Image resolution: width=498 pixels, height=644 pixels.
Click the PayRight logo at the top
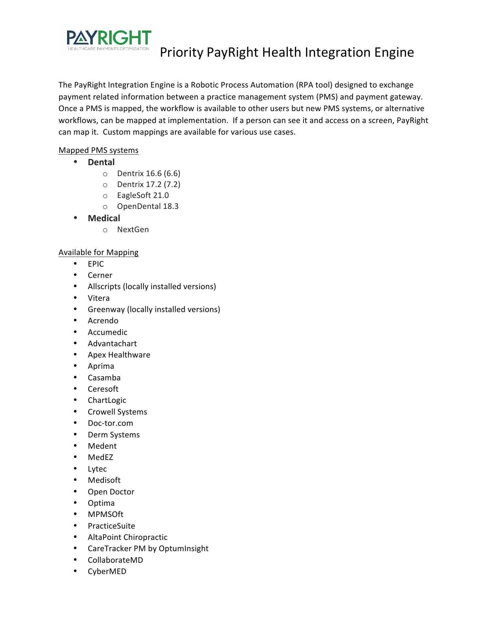coord(109,40)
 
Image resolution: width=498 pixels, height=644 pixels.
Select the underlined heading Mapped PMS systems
coord(98,150)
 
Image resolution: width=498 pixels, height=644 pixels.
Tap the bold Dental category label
coord(101,162)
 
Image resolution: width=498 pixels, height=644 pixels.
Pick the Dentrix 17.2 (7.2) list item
coord(148,184)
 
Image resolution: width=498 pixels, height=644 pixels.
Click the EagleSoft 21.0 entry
coord(143,195)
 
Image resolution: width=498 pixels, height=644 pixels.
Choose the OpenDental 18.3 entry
coord(147,206)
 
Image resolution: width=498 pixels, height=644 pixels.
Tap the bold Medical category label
coord(104,218)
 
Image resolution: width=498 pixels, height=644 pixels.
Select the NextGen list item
coord(133,229)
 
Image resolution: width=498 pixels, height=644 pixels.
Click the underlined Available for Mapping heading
coord(98,252)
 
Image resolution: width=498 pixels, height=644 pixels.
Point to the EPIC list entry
coord(96,264)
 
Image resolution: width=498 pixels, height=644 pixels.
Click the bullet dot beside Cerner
coord(76,275)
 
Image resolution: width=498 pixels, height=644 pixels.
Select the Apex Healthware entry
coord(119,355)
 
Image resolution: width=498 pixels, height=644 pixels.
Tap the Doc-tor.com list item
coord(110,423)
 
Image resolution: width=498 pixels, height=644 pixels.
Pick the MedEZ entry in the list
coord(100,457)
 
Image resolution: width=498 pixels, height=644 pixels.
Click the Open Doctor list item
coord(111,492)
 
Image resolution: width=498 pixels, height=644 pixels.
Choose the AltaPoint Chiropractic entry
coord(127,537)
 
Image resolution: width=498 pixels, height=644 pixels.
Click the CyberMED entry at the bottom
coord(107,571)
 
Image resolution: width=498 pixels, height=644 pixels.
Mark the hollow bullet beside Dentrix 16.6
coord(105,174)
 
